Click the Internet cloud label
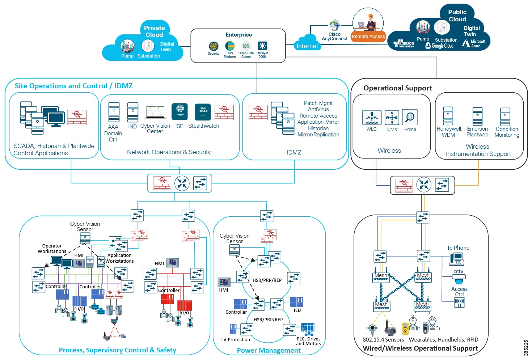click(307, 46)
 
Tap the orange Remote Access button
click(368, 36)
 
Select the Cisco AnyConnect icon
click(335, 25)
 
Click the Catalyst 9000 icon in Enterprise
click(262, 46)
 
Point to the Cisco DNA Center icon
click(246, 46)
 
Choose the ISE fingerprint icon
click(180, 111)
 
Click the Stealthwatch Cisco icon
click(203, 111)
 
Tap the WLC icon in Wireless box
click(372, 118)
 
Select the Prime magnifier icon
click(410, 117)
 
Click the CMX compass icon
click(392, 118)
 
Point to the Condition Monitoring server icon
click(505, 117)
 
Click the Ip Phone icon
click(457, 259)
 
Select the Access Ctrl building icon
click(459, 302)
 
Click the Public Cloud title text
click(457, 16)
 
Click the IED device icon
click(296, 302)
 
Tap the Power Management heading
click(269, 350)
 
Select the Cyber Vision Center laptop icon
click(156, 112)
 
